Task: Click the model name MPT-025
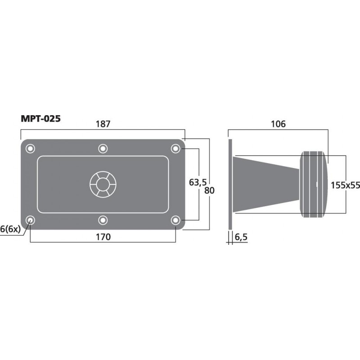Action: pyautogui.click(x=40, y=119)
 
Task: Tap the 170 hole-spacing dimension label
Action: pyautogui.click(x=103, y=236)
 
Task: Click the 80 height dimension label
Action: pyautogui.click(x=209, y=190)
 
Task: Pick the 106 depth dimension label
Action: pyautogui.click(x=278, y=124)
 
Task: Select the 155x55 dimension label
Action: pyautogui.click(x=345, y=184)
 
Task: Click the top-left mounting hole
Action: pyautogui.click(x=30, y=148)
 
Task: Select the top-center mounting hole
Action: pyautogui.click(x=103, y=148)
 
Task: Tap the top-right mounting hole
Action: pyautogui.click(x=175, y=148)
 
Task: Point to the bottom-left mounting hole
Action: pyautogui.click(x=30, y=220)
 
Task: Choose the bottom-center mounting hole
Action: pyautogui.click(x=103, y=220)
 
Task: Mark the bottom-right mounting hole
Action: pyautogui.click(x=175, y=220)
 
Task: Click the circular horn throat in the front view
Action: pyautogui.click(x=103, y=184)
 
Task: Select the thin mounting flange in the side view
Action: pyautogui.click(x=230, y=184)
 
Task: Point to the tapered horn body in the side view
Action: pyautogui.click(x=265, y=184)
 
